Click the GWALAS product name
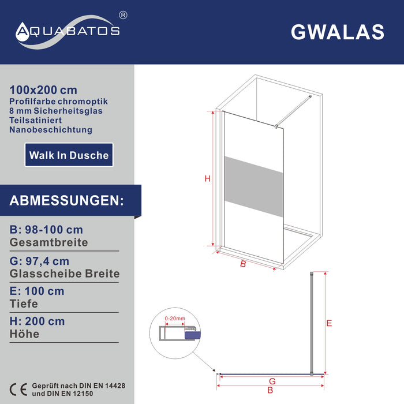tap(338, 32)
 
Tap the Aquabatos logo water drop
tap(23, 32)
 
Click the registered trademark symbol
tap(123, 15)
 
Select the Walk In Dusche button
tap(69, 155)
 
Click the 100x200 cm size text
tap(43, 90)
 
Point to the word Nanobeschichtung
tap(51, 130)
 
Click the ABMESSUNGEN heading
tap(67, 200)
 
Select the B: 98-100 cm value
tap(46, 230)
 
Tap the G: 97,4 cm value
tap(39, 261)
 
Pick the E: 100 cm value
tap(37, 291)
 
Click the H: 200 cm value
tap(37, 321)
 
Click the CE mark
tap(18, 390)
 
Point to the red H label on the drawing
tap(207, 178)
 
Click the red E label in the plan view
tap(329, 323)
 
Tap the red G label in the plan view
tap(272, 381)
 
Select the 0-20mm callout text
tap(175, 319)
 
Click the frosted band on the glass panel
tap(254, 186)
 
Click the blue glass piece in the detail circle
tap(192, 335)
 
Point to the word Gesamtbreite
tap(48, 242)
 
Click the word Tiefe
tap(24, 304)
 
